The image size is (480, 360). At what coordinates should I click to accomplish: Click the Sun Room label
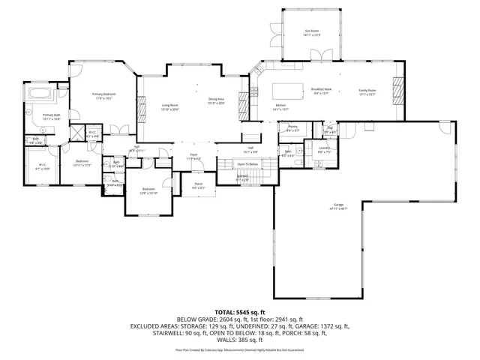(x=312, y=31)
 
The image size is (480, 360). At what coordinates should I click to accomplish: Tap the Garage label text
(x=328, y=204)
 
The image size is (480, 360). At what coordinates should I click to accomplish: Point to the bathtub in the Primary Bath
(x=39, y=94)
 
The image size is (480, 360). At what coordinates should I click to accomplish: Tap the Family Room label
(x=366, y=90)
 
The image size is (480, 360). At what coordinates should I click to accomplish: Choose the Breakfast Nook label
(x=322, y=90)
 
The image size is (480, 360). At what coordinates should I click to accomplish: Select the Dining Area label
(x=217, y=100)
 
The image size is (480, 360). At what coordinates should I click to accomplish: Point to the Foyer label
(x=193, y=155)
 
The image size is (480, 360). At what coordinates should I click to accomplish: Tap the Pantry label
(x=292, y=127)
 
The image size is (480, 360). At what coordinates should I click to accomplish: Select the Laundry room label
(x=324, y=148)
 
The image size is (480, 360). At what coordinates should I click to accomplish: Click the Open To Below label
(x=247, y=163)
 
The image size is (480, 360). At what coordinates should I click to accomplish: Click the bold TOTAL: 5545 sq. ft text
(x=240, y=310)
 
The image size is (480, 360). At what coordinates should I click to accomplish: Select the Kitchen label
(x=281, y=104)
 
